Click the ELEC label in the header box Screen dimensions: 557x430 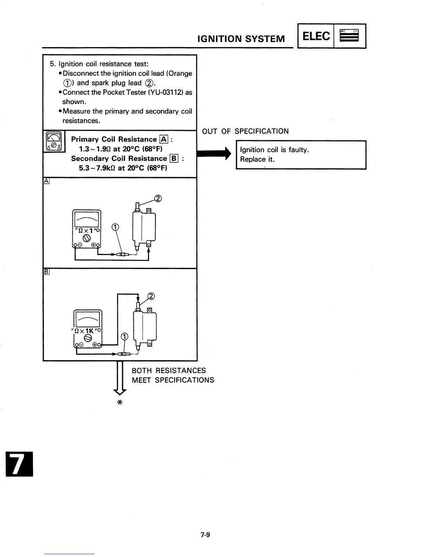pyautogui.click(x=316, y=36)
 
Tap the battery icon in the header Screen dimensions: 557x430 pyautogui.click(x=349, y=36)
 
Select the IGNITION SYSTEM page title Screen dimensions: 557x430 pyautogui.click(x=241, y=39)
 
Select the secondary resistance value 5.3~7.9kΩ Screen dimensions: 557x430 pyautogui.click(x=97, y=168)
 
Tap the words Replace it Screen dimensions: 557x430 pyautogui.click(x=257, y=159)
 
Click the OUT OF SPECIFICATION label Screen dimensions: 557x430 pyautogui.click(x=245, y=132)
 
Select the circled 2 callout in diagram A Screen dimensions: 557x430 pyautogui.click(x=158, y=199)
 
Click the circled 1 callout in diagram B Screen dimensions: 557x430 pyautogui.click(x=124, y=337)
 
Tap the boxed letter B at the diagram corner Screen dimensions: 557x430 pyautogui.click(x=46, y=271)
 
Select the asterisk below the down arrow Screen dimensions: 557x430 pyautogui.click(x=119, y=403)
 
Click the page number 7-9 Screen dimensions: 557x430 pyautogui.click(x=205, y=535)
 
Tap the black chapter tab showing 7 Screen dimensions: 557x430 pyautogui.click(x=19, y=464)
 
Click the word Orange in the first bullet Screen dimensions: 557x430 pyautogui.click(x=181, y=73)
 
